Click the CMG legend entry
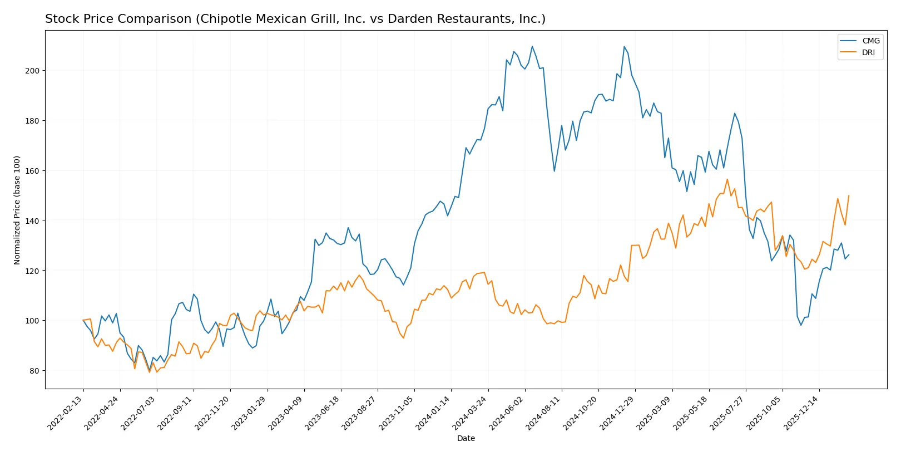pyautogui.click(x=870, y=41)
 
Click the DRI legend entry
pyautogui.click(x=868, y=52)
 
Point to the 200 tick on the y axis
pyautogui.click(x=32, y=71)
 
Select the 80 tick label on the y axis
pyautogui.click(x=34, y=371)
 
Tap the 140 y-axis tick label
pyautogui.click(x=32, y=221)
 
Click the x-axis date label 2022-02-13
pyautogui.click(x=66, y=413)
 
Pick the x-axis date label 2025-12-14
pyautogui.click(x=801, y=413)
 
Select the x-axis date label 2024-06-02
pyautogui.click(x=507, y=413)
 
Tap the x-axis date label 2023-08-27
pyautogui.click(x=360, y=413)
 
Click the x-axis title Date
pyautogui.click(x=466, y=438)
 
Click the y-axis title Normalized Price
pyautogui.click(x=17, y=210)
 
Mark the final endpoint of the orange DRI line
pyautogui.click(x=849, y=195)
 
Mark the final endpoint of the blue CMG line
pyautogui.click(x=849, y=255)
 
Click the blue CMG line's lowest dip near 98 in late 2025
pyautogui.click(x=801, y=325)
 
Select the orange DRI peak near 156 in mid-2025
pyautogui.click(x=727, y=179)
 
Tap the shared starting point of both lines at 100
pyautogui.click(x=83, y=320)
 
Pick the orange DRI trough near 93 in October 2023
pyautogui.click(x=403, y=338)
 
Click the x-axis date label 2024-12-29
pyautogui.click(x=617, y=413)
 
